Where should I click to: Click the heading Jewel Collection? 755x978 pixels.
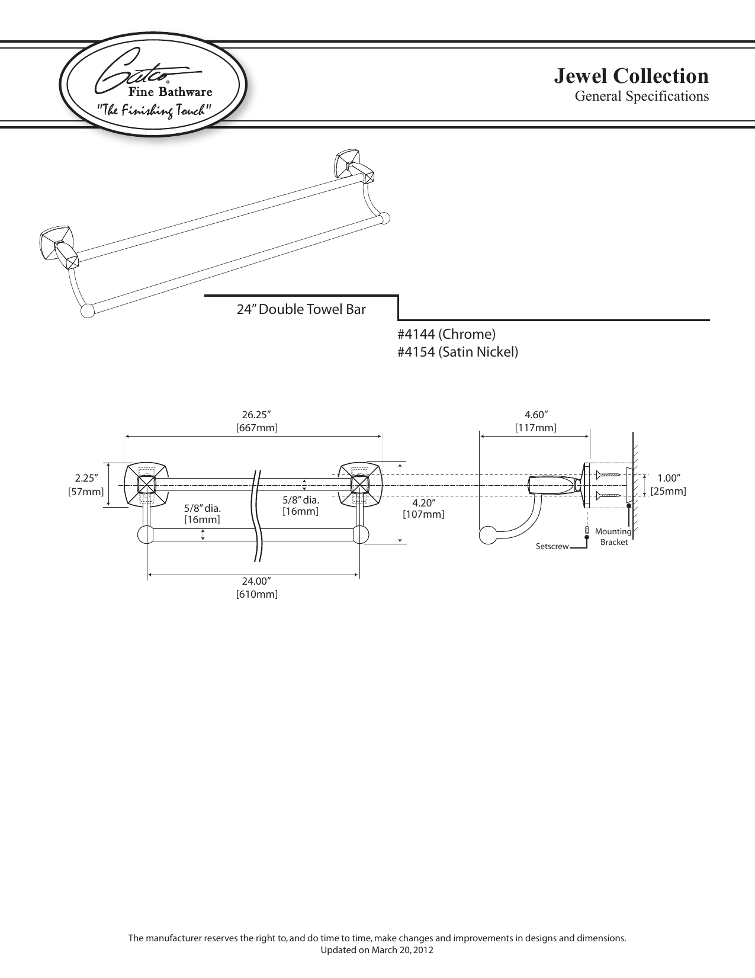pos(631,76)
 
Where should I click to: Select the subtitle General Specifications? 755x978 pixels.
pos(642,97)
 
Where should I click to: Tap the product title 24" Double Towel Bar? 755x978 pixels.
pos(301,309)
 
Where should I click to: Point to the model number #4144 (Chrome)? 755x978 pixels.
pos(446,334)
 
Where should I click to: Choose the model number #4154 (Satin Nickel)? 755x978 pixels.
pos(458,352)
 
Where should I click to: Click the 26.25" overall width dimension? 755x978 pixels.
pos(256,415)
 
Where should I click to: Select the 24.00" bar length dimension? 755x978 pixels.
pos(256,582)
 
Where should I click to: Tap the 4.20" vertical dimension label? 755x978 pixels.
pos(423,503)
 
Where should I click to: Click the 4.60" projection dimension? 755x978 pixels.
pos(536,415)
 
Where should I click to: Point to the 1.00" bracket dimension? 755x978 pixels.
pos(669,479)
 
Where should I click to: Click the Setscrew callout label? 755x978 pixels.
pos(552,547)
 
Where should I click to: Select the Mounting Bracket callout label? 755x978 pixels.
pos(613,537)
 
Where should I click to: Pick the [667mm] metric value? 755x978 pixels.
pos(256,428)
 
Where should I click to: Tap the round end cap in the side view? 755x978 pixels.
pos(487,535)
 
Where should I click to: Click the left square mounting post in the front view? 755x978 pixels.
pos(146,485)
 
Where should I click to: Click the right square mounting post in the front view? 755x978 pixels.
pos(359,485)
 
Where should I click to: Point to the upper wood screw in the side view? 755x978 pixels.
pos(609,474)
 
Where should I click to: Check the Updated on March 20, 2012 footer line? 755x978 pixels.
pos(377,950)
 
